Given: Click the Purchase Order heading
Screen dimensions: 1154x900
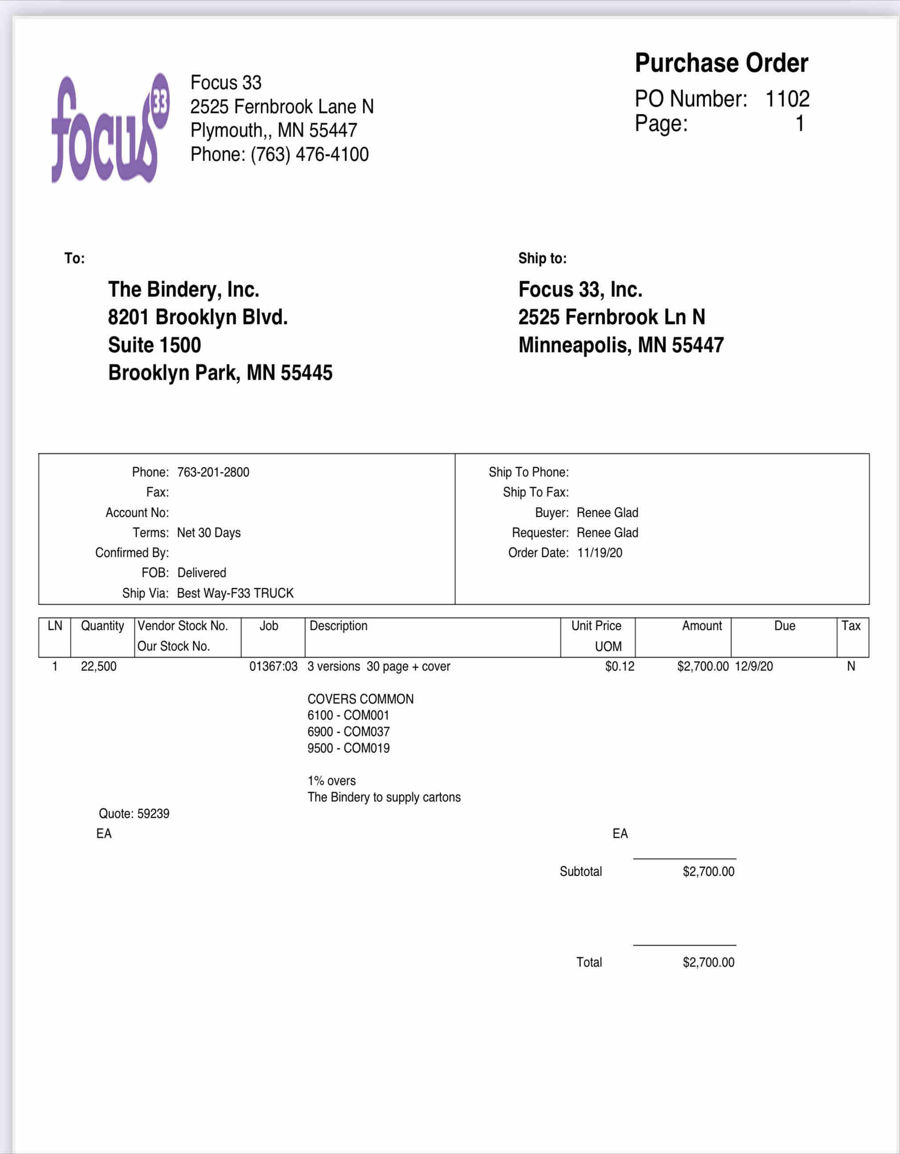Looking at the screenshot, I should click(721, 63).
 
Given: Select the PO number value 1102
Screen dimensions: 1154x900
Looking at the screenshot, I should click(787, 99).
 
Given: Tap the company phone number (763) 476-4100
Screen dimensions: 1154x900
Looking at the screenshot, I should click(309, 154).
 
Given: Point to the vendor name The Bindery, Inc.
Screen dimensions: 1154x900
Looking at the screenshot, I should click(183, 289).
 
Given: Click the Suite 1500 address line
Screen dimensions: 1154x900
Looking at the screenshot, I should click(154, 345).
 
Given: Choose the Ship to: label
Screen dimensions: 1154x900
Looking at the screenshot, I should click(542, 258).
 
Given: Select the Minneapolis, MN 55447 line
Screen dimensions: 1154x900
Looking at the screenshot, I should click(620, 345).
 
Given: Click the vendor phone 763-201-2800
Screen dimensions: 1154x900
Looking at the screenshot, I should click(213, 472).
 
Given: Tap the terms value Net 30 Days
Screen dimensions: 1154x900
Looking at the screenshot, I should click(209, 532).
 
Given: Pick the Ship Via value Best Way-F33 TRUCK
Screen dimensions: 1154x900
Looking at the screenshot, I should click(235, 593).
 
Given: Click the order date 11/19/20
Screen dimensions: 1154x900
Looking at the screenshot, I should click(600, 553).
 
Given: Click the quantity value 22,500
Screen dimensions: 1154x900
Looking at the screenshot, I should click(99, 666).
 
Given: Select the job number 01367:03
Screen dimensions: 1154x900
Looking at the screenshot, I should click(273, 666).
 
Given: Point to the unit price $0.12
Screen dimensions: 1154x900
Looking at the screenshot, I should click(620, 666).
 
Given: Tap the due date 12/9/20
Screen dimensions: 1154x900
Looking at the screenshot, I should click(753, 666).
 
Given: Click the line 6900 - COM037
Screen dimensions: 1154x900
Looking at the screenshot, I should click(348, 732).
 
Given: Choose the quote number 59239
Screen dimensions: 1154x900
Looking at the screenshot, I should click(153, 814).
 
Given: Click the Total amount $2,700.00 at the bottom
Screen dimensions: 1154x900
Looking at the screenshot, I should click(708, 962).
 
